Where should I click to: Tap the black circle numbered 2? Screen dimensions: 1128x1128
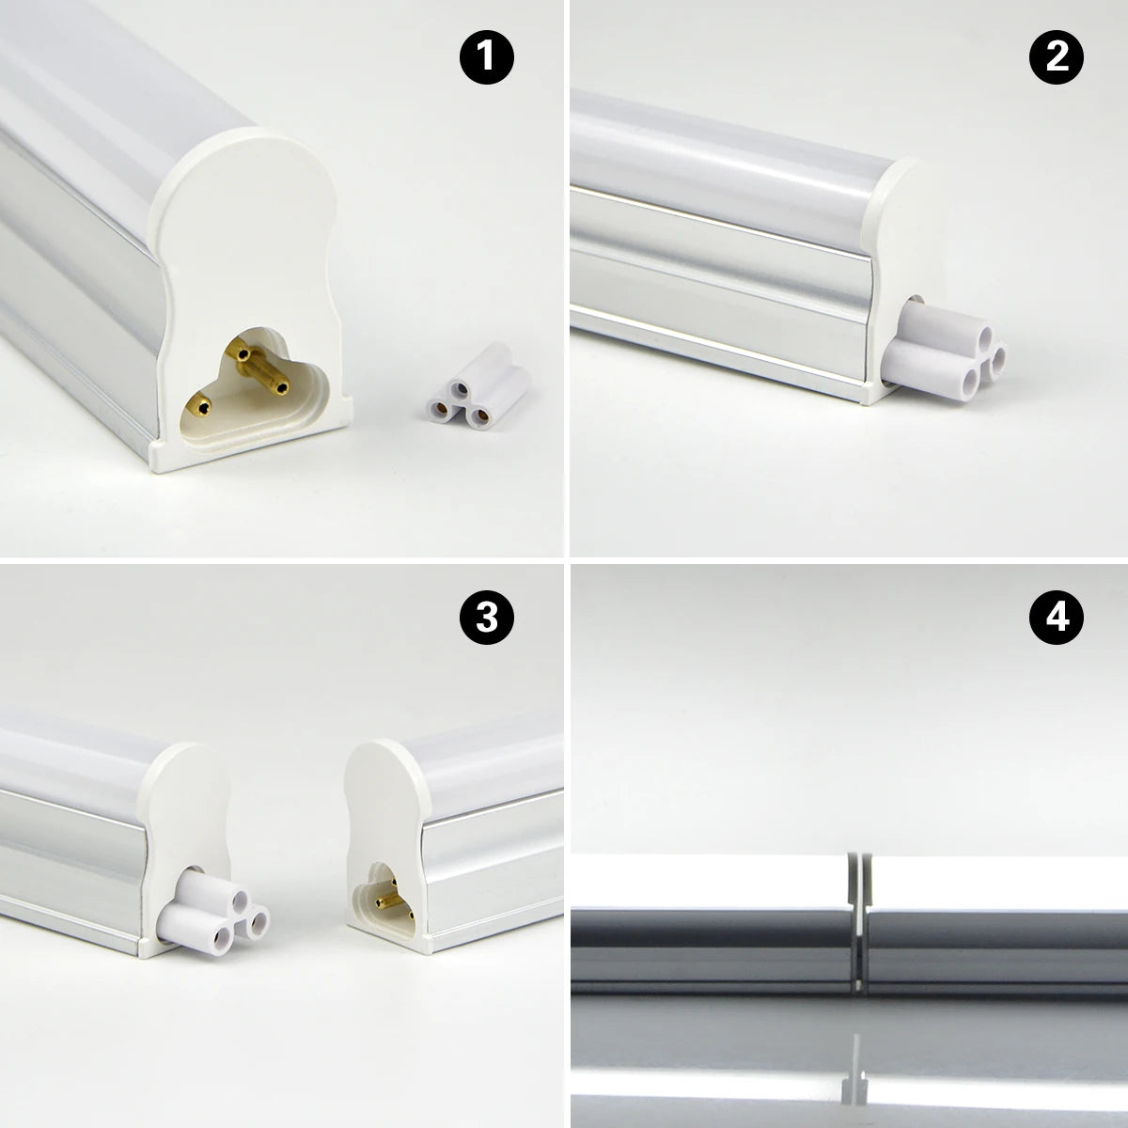pyautogui.click(x=1057, y=57)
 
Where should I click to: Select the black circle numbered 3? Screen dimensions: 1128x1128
pyautogui.click(x=487, y=619)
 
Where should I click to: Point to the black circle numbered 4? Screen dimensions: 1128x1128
pyautogui.click(x=1057, y=619)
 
